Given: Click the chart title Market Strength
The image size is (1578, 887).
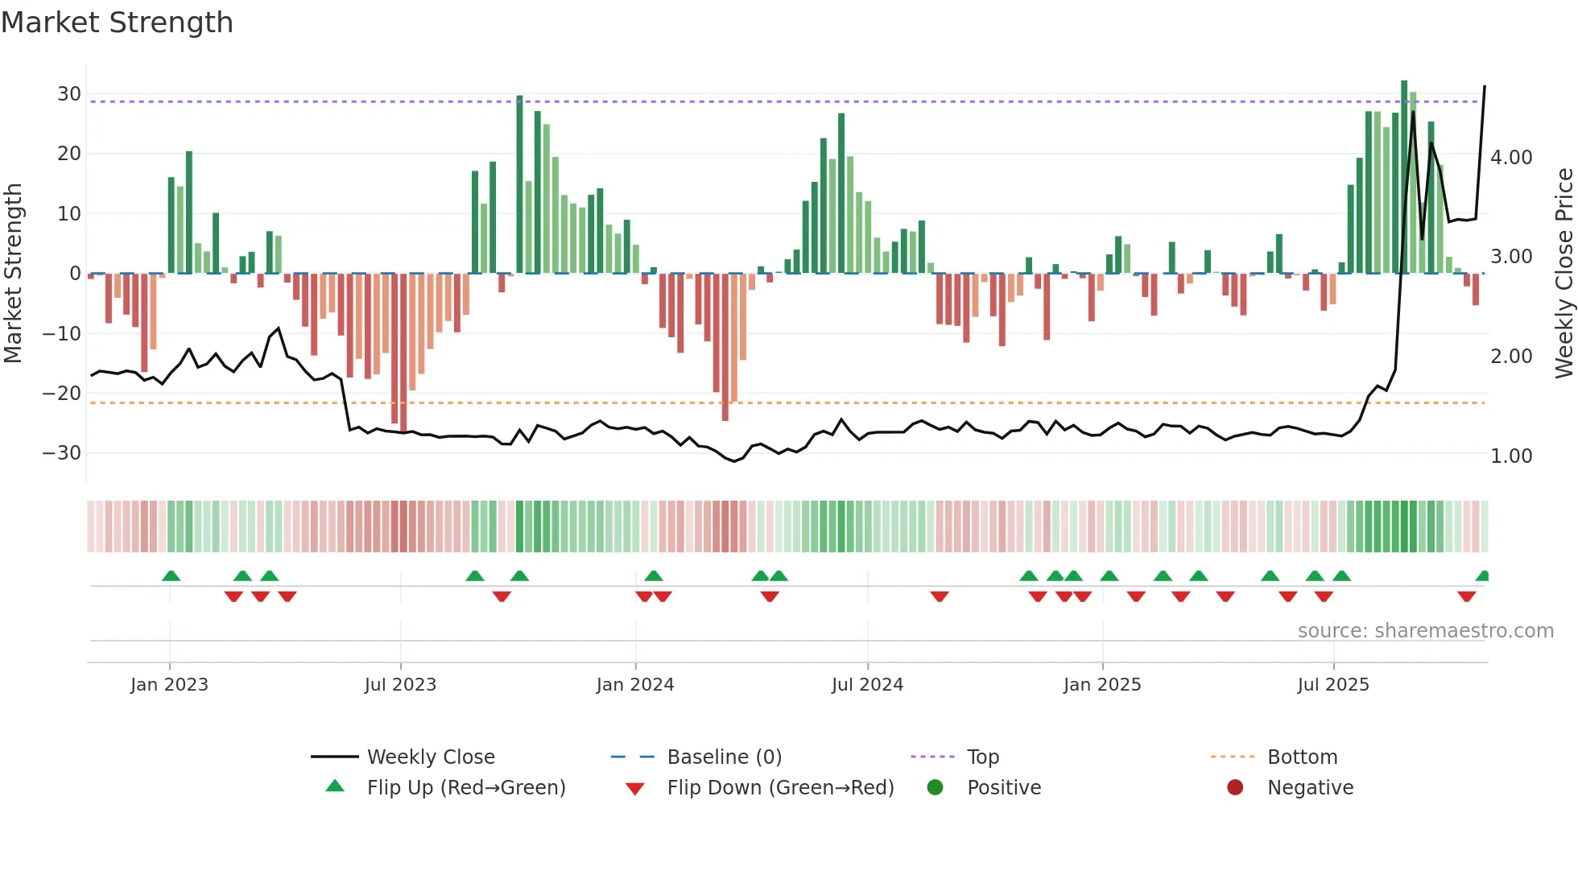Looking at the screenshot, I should point(117,23).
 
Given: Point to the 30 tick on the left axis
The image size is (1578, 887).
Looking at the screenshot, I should point(68,94).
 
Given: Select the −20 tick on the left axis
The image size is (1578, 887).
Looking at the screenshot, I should point(62,394).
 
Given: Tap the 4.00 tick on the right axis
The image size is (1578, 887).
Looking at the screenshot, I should point(1511,158).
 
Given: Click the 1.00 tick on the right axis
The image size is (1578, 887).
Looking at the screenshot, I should point(1511,456).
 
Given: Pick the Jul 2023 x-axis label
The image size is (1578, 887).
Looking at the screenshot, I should point(400,685).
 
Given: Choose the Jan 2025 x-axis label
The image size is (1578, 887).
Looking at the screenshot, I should point(1102,685).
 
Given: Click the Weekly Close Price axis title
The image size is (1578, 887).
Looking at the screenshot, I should point(1564,273).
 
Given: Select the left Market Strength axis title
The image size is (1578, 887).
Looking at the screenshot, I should point(13,273).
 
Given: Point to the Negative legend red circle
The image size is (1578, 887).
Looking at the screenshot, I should point(1235,787).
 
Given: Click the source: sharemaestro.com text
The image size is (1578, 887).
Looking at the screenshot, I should point(1425,631).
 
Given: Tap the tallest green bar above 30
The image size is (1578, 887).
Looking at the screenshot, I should point(1404,177).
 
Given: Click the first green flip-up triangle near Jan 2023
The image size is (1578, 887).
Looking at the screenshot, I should point(171,576).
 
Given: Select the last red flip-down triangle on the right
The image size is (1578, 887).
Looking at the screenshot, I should point(1466,596).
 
